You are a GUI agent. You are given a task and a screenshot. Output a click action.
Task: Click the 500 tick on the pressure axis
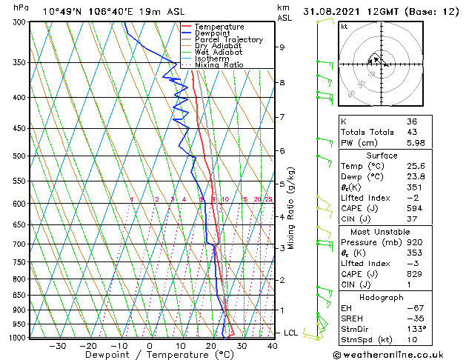click(19, 156)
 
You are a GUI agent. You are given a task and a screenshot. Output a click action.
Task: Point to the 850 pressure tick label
click(19, 295)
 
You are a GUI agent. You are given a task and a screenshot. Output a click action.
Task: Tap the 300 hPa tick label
click(19, 22)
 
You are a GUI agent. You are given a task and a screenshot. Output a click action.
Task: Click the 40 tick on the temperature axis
click(273, 345)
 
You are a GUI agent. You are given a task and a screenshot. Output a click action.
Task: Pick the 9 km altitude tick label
click(282, 47)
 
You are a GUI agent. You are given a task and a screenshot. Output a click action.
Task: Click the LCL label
click(291, 333)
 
